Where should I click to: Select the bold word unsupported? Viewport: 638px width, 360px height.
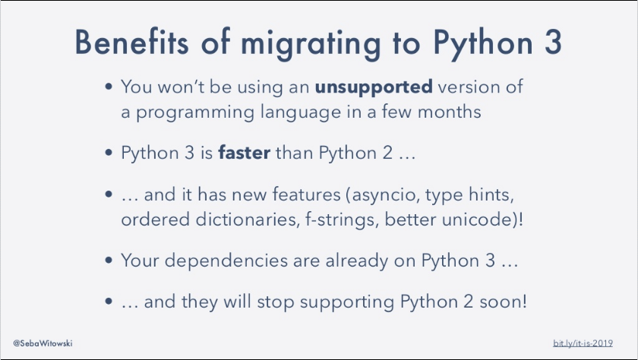(x=374, y=86)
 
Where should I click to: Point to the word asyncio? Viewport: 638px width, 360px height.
(x=384, y=196)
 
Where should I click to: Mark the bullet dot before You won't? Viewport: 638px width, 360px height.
(x=109, y=87)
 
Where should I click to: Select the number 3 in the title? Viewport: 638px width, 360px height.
(x=552, y=43)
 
